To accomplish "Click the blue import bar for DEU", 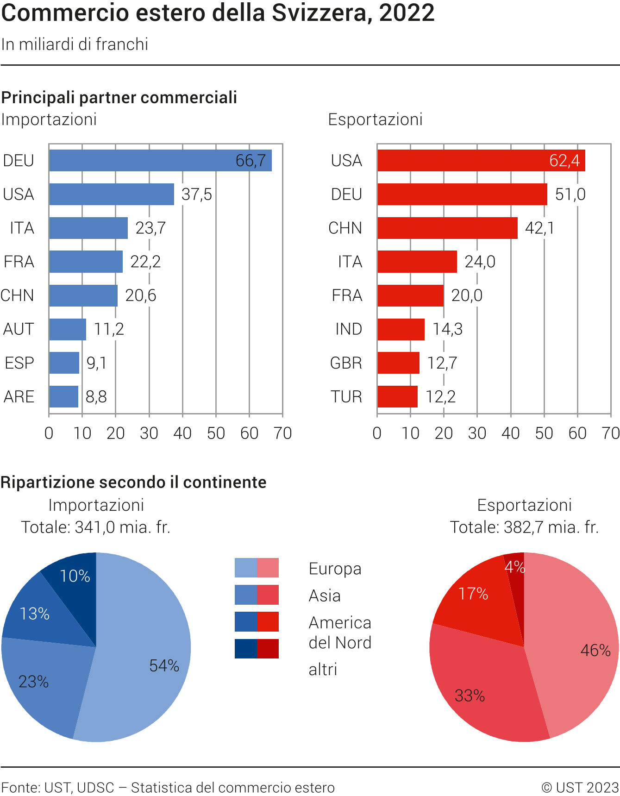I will tap(160, 161).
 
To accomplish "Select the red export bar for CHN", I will tap(447, 228).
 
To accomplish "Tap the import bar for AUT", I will tap(68, 329).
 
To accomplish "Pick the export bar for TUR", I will tap(397, 397).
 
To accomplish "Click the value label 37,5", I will tap(196, 194).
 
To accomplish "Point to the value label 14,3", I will tap(447, 329).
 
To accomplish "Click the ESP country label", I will tap(19, 363).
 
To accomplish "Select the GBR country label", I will tap(346, 363).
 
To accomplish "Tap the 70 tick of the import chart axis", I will tap(282, 433).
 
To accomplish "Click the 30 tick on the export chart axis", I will tap(477, 433).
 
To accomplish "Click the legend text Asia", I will tap(325, 596).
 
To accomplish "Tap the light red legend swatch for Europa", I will tap(268, 568).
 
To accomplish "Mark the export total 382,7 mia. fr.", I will tap(524, 527).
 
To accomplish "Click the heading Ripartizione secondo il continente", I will tap(133, 483).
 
